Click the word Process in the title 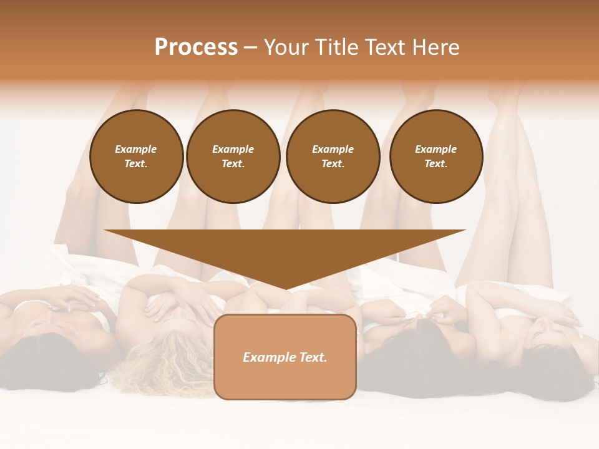(196, 47)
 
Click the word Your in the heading (286, 47)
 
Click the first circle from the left (137, 157)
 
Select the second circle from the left (233, 157)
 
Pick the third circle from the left (333, 157)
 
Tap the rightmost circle (436, 157)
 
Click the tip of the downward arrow (286, 288)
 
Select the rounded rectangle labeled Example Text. (285, 357)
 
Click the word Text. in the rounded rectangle (314, 357)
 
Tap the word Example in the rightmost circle (436, 149)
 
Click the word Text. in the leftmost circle (136, 164)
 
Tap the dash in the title (251, 47)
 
